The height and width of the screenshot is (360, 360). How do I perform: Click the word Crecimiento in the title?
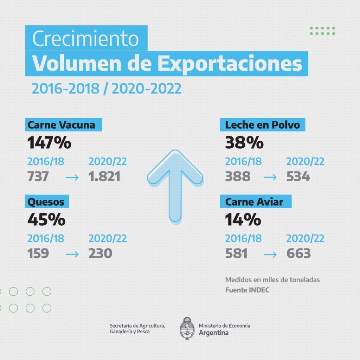coord(86,38)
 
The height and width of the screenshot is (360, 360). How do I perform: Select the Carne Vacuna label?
coord(61,125)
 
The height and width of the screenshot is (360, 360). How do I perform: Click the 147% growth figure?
coord(49,143)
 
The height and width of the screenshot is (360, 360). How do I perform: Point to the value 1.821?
coord(104,176)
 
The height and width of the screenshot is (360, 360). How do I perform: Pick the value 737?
coord(38,176)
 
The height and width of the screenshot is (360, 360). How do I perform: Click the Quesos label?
coord(46,202)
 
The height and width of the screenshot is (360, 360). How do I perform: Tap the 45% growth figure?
coord(46,220)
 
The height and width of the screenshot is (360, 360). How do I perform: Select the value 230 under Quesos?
coord(101,253)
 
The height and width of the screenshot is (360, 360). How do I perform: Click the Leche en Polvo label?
coord(262,125)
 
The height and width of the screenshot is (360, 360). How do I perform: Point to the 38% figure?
coord(244,143)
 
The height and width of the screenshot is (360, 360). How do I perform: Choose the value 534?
coord(298,176)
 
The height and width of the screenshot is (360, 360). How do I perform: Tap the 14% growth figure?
coord(243,220)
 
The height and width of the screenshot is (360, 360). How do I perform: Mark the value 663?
coord(298,253)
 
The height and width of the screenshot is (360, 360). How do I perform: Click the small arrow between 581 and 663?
coord(270,254)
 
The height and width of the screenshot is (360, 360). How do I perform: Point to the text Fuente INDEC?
coord(247,290)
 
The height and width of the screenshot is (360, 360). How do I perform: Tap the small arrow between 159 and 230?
coord(72,254)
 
